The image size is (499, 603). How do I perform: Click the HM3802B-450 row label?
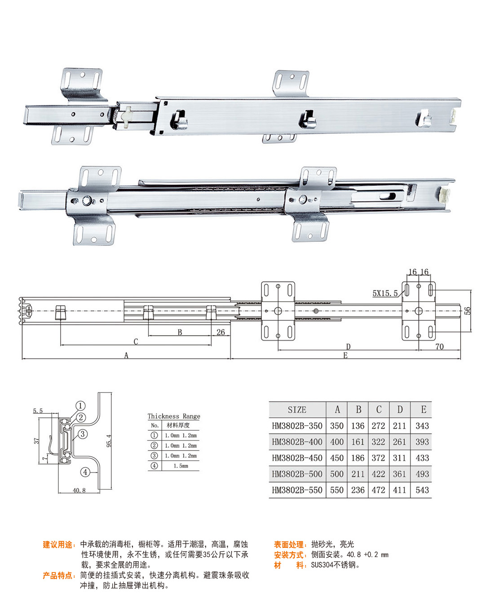pyautogui.click(x=297, y=458)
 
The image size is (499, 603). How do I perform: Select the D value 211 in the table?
pyautogui.click(x=399, y=426)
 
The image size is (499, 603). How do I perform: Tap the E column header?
pyautogui.click(x=423, y=410)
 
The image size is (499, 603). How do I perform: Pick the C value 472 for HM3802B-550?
pyautogui.click(x=378, y=490)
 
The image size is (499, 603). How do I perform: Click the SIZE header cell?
pyautogui.click(x=297, y=410)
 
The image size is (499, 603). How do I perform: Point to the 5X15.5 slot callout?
pyautogui.click(x=385, y=293)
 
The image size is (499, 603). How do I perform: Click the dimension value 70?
pyautogui.click(x=439, y=346)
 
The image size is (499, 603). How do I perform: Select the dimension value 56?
pyautogui.click(x=468, y=310)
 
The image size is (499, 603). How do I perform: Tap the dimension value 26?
pyautogui.click(x=221, y=332)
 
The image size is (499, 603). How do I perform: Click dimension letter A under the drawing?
pyautogui.click(x=126, y=356)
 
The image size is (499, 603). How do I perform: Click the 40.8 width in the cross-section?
pyautogui.click(x=79, y=490)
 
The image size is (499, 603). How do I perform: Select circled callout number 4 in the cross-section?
pyautogui.click(x=85, y=472)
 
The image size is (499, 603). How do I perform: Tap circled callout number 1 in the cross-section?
pyautogui.click(x=80, y=406)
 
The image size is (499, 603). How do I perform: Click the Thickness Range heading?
pyautogui.click(x=174, y=416)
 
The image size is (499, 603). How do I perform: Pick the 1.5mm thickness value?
pyautogui.click(x=181, y=466)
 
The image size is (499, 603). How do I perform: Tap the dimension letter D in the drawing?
pyautogui.click(x=348, y=347)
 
